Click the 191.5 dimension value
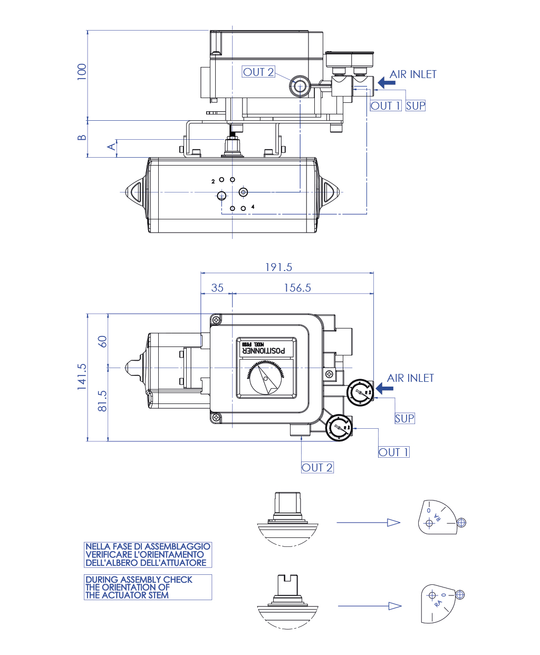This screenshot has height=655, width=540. click(278, 267)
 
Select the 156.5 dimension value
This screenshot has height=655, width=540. click(297, 288)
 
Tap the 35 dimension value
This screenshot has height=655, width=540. click(217, 288)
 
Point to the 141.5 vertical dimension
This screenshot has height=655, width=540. click(82, 377)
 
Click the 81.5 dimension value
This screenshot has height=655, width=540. click(102, 401)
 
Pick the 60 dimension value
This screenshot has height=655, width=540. click(102, 341)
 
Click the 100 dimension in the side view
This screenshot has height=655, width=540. click(82, 72)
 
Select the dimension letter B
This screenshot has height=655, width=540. click(82, 138)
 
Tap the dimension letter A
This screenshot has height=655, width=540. click(112, 146)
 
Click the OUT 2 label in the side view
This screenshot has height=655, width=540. click(258, 72)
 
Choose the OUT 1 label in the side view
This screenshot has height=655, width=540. click(385, 105)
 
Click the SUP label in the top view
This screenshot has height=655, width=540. click(404, 418)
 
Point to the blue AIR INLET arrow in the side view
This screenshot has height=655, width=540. click(387, 83)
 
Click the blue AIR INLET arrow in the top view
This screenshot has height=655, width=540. click(384, 389)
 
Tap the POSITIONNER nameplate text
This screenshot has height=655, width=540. click(267, 350)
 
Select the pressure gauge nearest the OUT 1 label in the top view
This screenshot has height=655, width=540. click(339, 427)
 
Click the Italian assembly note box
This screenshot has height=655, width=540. click(148, 554)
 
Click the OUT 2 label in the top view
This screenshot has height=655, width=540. click(317, 467)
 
